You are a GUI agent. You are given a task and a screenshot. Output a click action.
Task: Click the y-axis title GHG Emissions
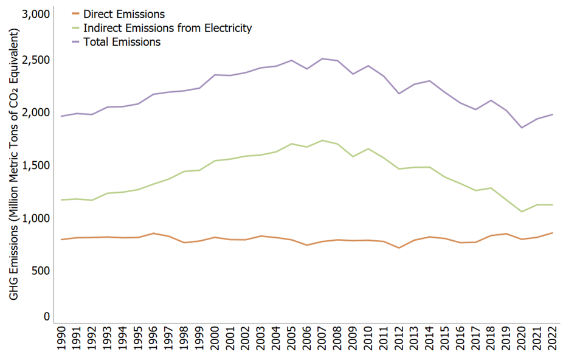click(14, 164)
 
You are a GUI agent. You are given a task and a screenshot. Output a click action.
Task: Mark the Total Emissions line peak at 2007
click(322, 58)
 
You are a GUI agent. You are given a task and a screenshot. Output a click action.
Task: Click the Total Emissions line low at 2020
click(522, 128)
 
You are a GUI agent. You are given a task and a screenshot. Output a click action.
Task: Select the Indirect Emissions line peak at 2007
click(322, 140)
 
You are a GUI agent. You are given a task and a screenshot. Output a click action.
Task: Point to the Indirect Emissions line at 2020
click(522, 212)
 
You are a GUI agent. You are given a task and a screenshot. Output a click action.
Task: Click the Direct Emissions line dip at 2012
click(399, 248)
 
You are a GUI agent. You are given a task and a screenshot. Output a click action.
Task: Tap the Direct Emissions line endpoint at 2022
click(552, 232)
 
